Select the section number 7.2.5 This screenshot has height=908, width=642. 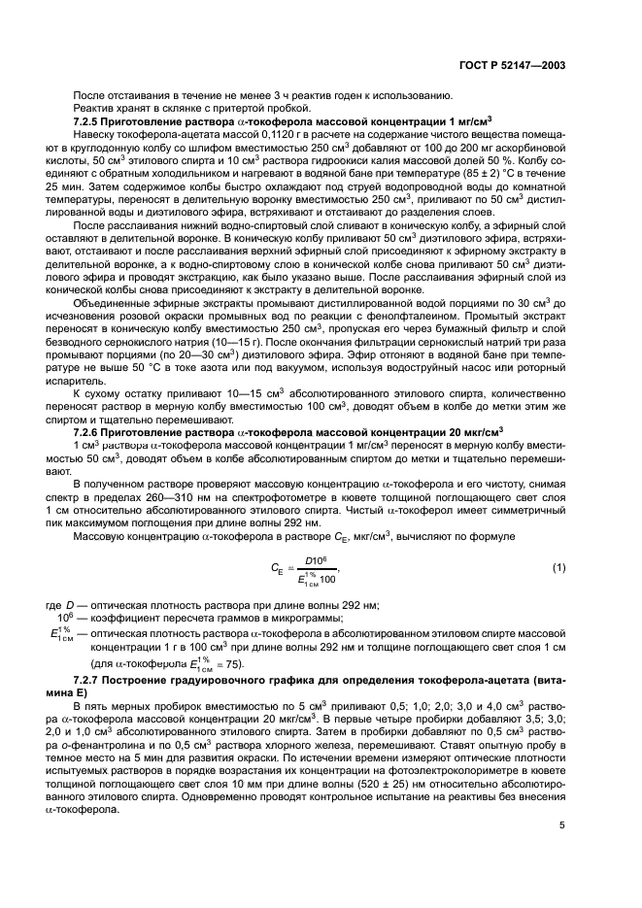[88, 119]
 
